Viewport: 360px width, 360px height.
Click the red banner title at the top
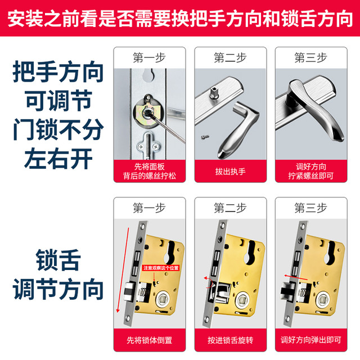click(180, 19)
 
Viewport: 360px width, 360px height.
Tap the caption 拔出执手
click(230, 171)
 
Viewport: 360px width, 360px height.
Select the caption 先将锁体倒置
click(150, 340)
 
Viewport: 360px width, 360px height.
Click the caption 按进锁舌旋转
click(230, 340)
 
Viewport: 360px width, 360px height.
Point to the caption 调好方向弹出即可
click(311, 340)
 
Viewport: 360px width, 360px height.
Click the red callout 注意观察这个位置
click(161, 268)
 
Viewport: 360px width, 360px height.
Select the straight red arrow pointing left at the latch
click(296, 277)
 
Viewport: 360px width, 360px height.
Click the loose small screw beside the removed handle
click(205, 137)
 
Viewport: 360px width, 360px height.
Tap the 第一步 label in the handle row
click(149, 57)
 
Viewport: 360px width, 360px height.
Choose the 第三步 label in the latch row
click(311, 208)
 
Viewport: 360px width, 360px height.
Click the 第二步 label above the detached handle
click(230, 57)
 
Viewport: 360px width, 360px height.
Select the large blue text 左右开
click(58, 159)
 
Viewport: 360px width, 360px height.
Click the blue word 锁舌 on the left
click(58, 260)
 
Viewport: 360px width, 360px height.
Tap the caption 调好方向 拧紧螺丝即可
click(311, 171)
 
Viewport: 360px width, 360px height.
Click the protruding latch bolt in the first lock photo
click(130, 291)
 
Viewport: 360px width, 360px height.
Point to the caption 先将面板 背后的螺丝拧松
click(150, 171)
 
